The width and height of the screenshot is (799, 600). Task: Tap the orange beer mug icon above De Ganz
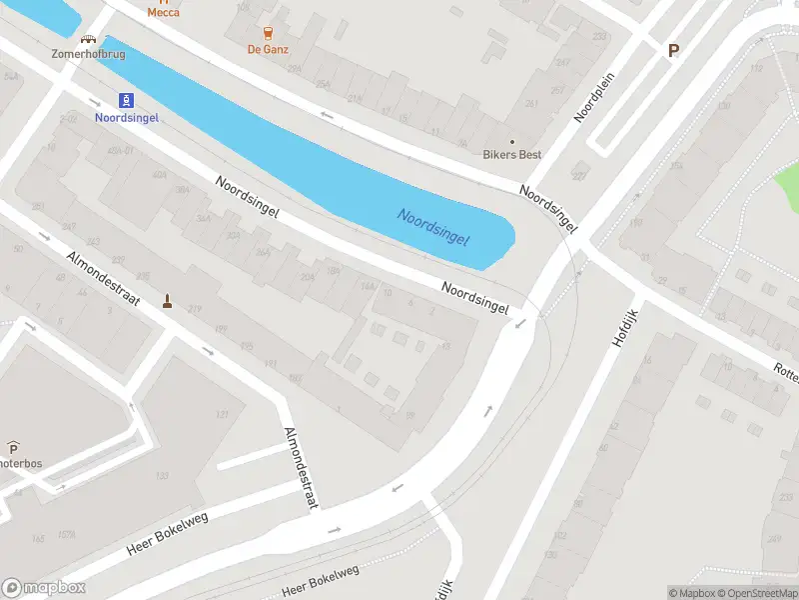point(266,32)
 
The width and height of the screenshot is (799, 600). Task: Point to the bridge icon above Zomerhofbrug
point(89,40)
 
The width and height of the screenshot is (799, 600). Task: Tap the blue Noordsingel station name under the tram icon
point(127,117)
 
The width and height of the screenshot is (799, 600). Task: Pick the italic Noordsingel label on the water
point(432,229)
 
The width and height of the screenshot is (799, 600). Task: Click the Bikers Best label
point(512,155)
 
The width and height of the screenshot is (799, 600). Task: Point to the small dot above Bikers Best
point(512,141)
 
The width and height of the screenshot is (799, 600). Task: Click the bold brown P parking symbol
point(673,51)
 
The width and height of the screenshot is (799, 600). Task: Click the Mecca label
point(164,12)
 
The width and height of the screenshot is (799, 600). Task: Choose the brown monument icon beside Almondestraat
point(167,300)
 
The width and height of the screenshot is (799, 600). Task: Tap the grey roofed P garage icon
point(13,447)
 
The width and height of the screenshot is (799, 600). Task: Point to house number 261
point(531,104)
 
